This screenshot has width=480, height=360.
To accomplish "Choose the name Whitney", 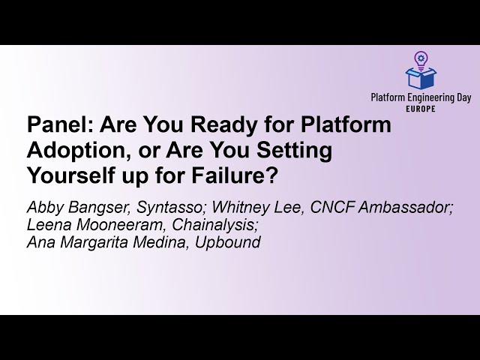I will click(x=234, y=208).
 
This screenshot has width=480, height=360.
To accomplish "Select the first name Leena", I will click(x=47, y=225).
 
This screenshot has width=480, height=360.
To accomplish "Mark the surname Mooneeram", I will click(x=116, y=225).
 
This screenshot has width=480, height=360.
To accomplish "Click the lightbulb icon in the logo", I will click(x=421, y=58).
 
